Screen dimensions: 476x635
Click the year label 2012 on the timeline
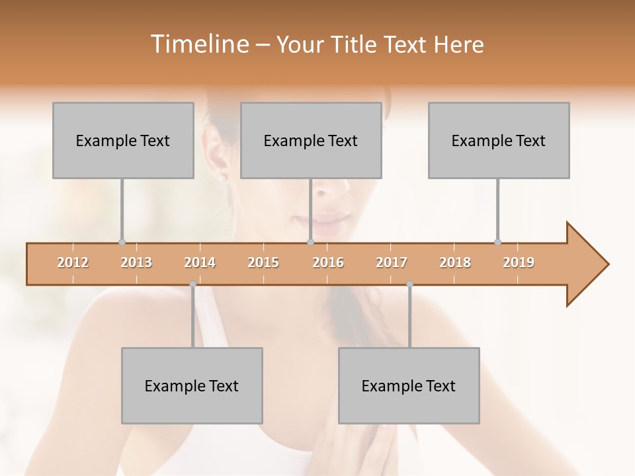pyautogui.click(x=73, y=262)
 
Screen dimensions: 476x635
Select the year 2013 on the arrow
pyautogui.click(x=136, y=262)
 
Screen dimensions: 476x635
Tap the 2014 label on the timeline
pyautogui.click(x=200, y=262)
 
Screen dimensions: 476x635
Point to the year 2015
pyautogui.click(x=263, y=262)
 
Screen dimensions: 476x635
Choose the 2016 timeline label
pyautogui.click(x=328, y=262)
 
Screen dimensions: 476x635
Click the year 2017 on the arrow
pyautogui.click(x=392, y=262)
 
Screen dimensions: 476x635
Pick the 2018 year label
pyautogui.click(x=455, y=262)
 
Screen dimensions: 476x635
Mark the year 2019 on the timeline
pyautogui.click(x=519, y=262)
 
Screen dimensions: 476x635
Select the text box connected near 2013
pyautogui.click(x=123, y=140)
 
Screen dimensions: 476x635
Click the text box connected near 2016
pyautogui.click(x=311, y=140)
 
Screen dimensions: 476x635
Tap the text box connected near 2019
pyautogui.click(x=499, y=140)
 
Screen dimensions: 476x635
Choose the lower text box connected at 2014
pyautogui.click(x=192, y=385)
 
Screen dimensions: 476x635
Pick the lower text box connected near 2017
pyautogui.click(x=409, y=385)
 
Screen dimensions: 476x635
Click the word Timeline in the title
pyautogui.click(x=198, y=44)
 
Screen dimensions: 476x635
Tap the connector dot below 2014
pyautogui.click(x=192, y=284)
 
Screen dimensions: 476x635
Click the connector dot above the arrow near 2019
pyautogui.click(x=498, y=242)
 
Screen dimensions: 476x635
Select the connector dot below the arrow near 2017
pyautogui.click(x=409, y=284)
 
